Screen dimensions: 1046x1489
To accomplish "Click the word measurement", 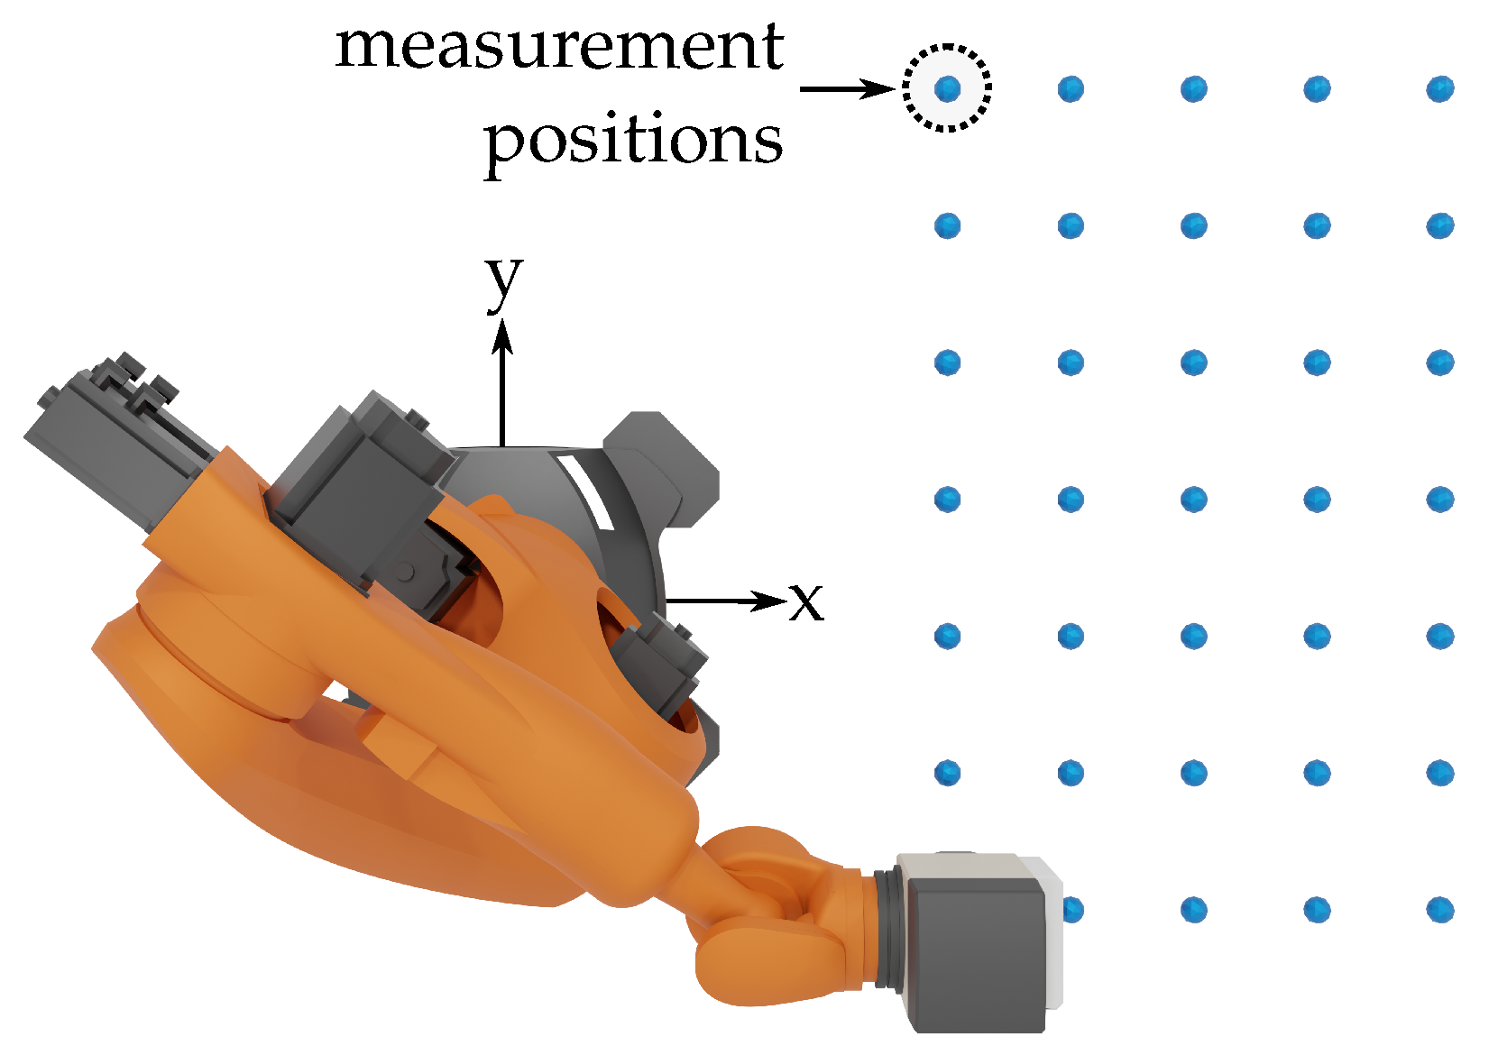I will point(559,47).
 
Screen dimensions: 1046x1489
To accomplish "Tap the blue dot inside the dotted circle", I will point(947,88).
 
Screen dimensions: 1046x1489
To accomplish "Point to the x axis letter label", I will point(806,601).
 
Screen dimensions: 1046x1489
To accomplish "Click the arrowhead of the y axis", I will point(502,337).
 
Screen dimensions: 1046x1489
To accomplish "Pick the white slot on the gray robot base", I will point(585,492).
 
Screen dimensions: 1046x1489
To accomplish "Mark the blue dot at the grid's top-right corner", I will point(1439,88).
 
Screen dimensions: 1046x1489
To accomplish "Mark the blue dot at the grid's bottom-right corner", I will point(1439,909).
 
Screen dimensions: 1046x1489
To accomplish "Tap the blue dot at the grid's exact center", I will point(1193,499).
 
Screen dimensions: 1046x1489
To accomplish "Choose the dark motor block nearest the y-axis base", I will point(361,487).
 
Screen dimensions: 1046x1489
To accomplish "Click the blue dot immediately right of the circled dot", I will point(1071,88).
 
